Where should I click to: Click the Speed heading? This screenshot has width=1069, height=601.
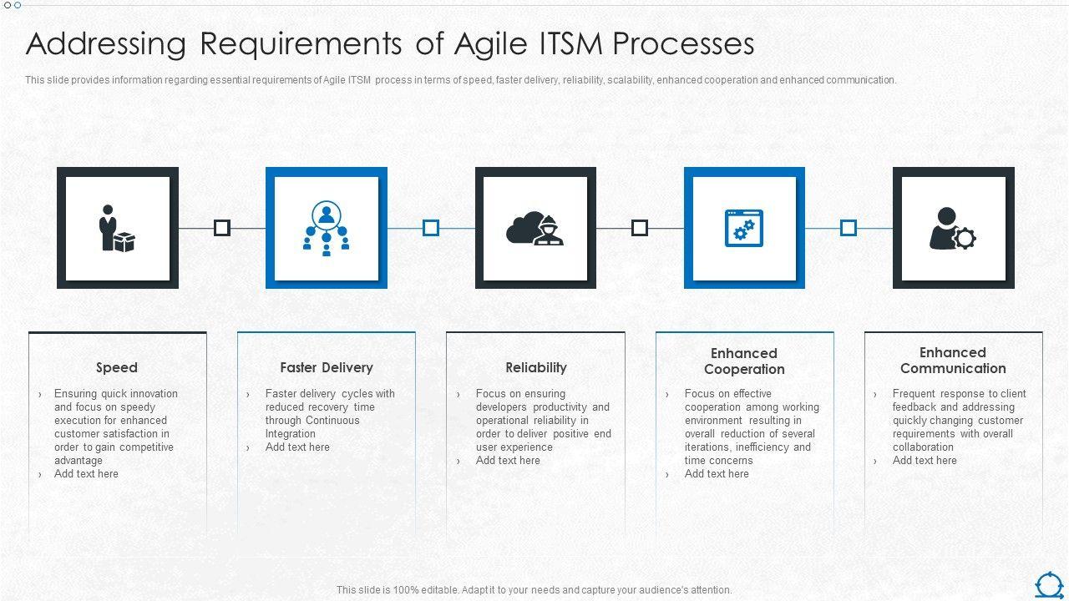tap(117, 368)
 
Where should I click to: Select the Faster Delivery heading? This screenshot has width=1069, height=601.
tap(327, 368)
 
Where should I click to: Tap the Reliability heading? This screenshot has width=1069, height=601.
tap(536, 368)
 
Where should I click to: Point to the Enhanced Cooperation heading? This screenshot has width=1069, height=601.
tap(744, 361)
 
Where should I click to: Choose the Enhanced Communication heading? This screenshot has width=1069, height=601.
tap(953, 360)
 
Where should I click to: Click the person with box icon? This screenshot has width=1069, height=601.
tap(117, 228)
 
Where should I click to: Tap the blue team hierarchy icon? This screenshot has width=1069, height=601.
tap(327, 228)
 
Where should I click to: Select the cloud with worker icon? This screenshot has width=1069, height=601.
tap(535, 229)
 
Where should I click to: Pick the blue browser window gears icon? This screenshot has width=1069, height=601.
tap(744, 228)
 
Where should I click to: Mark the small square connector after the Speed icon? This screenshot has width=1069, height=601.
tap(222, 228)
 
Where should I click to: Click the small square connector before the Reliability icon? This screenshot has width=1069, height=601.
tap(431, 228)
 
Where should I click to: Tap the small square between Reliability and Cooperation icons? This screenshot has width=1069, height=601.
tap(640, 228)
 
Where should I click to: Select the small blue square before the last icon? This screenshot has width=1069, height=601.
tap(848, 228)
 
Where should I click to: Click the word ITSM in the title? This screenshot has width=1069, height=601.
tap(571, 44)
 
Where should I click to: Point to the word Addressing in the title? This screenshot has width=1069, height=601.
tap(106, 45)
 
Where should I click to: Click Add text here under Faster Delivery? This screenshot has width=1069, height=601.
tap(297, 447)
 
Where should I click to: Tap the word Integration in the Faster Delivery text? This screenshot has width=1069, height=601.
tap(290, 434)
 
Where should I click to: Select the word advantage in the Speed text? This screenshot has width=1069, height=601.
tap(79, 461)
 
